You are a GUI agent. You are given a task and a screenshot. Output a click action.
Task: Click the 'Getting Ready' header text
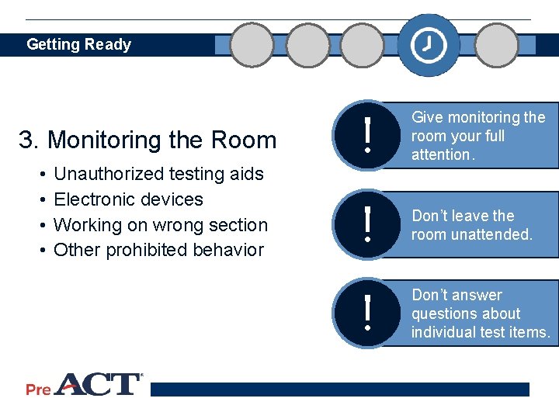78,44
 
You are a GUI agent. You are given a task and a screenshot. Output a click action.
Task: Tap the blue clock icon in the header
428,45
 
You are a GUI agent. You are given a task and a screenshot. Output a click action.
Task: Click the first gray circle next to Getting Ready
252,45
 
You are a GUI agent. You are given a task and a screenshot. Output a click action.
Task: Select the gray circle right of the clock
496,45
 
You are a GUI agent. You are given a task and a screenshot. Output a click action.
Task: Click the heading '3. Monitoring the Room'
148,140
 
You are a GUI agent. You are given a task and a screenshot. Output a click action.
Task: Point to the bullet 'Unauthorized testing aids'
158,174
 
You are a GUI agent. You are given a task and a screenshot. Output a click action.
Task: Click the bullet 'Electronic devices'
128,199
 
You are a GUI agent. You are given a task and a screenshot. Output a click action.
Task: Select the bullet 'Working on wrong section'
160,225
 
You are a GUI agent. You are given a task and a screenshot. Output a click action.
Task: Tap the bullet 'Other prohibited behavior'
158,250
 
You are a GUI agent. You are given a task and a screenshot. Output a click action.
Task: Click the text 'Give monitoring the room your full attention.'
477,136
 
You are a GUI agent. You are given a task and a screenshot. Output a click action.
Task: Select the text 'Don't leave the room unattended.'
472,225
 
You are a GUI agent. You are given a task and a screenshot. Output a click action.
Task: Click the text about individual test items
481,313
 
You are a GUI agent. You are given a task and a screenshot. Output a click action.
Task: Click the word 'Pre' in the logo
38,390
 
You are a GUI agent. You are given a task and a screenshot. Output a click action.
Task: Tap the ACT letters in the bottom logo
97,385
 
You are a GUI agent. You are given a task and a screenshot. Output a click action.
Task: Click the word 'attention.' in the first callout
442,154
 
